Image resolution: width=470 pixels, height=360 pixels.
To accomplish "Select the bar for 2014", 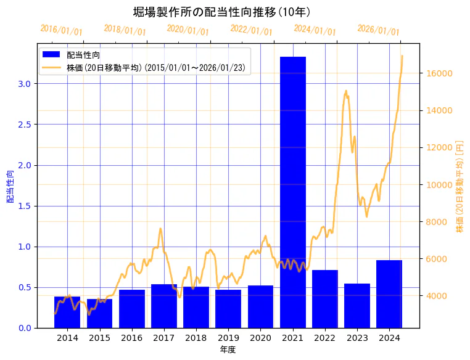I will click(67, 313).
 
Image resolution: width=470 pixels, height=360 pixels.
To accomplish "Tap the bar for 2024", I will click(389, 294).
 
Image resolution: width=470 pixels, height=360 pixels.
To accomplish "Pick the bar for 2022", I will click(324, 299).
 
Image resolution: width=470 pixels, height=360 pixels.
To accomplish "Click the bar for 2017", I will click(164, 306).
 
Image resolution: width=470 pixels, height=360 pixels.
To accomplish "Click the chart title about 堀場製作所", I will click(221, 12).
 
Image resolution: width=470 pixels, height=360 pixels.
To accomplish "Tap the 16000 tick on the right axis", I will click(440, 73).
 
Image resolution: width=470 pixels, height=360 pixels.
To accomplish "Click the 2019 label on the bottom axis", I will click(228, 338).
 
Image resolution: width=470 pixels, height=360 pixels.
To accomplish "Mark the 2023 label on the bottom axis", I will click(357, 338).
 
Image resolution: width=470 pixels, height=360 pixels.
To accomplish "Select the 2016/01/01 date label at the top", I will click(61, 30).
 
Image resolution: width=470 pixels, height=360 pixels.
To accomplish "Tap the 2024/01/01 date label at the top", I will click(315, 30).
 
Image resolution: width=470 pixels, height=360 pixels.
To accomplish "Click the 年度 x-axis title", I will click(228, 350).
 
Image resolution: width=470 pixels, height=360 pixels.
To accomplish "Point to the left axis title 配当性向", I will click(10, 187).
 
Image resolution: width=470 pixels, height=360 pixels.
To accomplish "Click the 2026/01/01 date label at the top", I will click(378, 30).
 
